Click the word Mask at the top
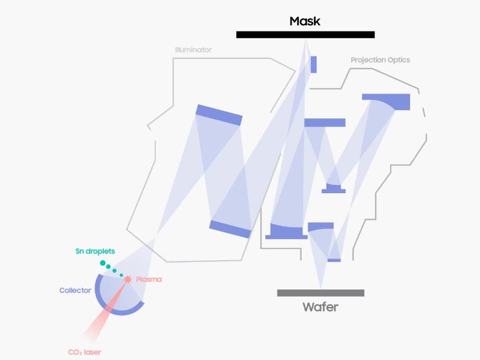click(304, 21)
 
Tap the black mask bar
click(305, 35)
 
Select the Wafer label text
click(320, 307)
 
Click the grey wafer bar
click(321, 293)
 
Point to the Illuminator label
click(193, 50)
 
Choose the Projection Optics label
click(380, 60)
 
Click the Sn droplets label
click(95, 251)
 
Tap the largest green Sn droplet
click(103, 263)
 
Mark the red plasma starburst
click(128, 280)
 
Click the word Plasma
click(149, 280)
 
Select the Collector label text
click(75, 290)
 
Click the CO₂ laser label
click(85, 352)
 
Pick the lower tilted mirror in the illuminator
click(230, 229)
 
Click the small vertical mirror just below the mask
click(314, 64)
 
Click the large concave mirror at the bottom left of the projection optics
click(286, 232)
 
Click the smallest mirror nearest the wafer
click(334, 260)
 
